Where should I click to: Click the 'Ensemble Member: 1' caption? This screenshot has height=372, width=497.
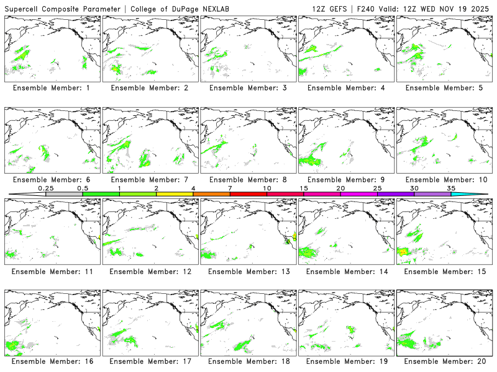point(52,88)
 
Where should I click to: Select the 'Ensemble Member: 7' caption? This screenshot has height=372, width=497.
point(150,180)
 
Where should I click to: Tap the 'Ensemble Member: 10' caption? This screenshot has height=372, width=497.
point(444,180)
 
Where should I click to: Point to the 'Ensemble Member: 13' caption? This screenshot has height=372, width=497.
point(248,271)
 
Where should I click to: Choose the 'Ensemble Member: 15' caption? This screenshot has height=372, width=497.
point(444,271)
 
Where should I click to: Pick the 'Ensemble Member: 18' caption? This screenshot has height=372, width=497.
point(248,361)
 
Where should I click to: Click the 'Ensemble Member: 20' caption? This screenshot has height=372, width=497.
point(444,361)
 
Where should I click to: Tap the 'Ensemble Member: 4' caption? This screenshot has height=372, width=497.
point(346,88)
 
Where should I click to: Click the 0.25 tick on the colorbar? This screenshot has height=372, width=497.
point(45,188)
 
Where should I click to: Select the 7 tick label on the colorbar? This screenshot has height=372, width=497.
point(230,188)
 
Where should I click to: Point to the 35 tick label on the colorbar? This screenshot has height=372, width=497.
point(451,188)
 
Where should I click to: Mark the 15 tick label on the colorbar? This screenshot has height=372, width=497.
point(304,188)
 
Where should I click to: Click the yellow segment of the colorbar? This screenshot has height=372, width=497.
point(175,194)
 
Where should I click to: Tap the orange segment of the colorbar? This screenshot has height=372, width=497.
point(211,194)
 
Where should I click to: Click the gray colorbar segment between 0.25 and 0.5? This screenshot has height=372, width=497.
point(64,194)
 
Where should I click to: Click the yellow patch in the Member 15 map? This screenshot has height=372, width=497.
point(403,252)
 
